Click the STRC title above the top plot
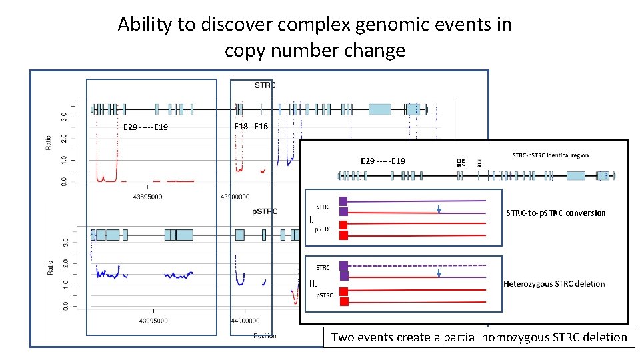click(265, 85)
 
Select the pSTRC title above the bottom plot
click(265, 211)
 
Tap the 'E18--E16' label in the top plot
click(251, 127)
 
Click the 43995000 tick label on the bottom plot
click(153, 321)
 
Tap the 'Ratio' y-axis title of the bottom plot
click(51, 267)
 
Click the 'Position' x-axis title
click(265, 336)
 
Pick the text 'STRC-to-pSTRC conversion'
click(556, 213)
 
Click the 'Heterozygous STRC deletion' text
click(554, 284)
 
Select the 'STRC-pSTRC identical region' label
click(550, 155)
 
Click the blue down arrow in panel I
click(439, 210)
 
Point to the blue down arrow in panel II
click(439, 273)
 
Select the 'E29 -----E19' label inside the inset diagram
click(383, 161)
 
